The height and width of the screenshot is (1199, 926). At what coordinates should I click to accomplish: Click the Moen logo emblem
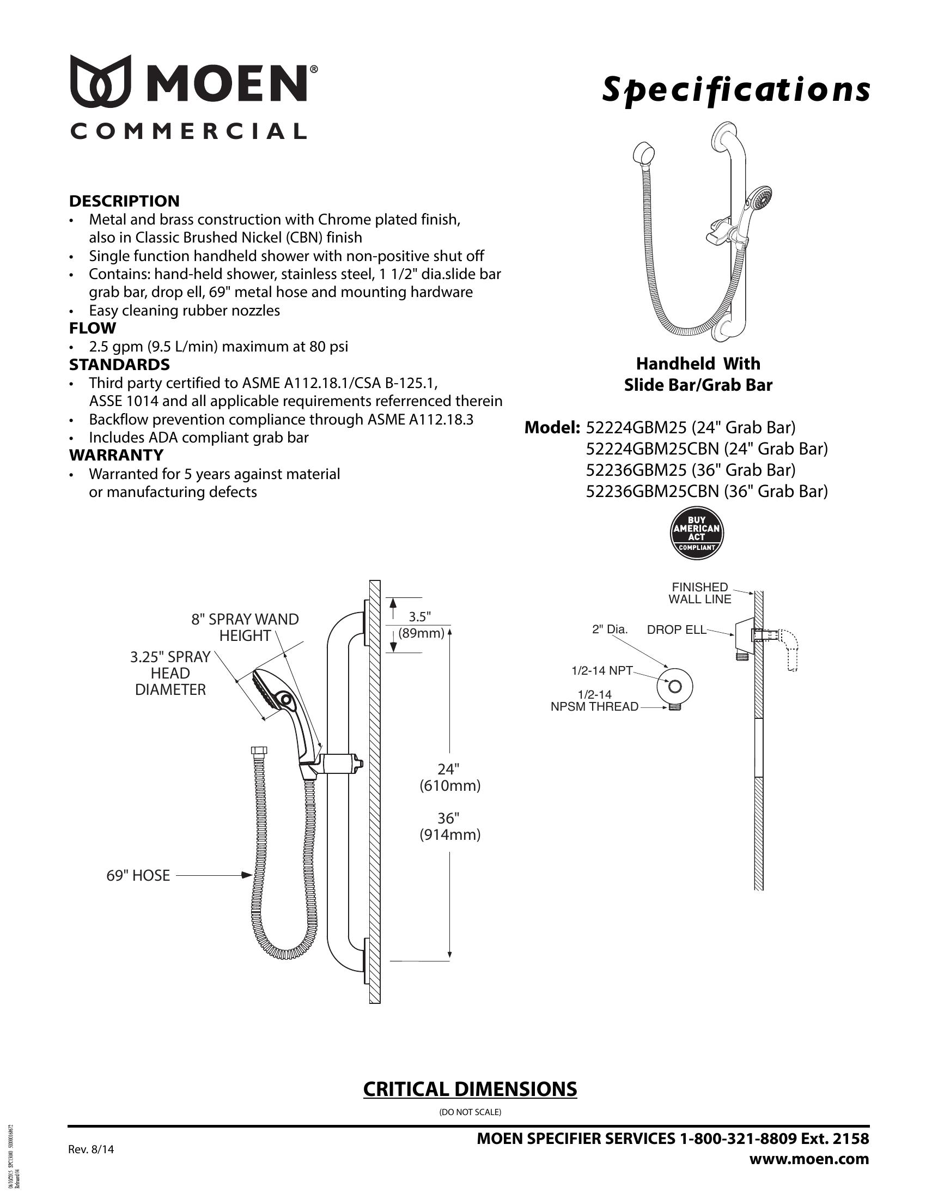click(x=100, y=81)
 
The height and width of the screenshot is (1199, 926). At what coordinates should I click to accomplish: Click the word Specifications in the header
click(x=736, y=89)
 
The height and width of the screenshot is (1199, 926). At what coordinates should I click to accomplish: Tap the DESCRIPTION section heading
click(x=124, y=201)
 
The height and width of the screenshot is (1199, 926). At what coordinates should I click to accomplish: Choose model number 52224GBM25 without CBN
click(x=636, y=427)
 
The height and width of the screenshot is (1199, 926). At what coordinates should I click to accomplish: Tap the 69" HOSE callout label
click(x=138, y=876)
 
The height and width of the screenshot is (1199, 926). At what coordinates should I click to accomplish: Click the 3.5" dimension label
click(x=420, y=616)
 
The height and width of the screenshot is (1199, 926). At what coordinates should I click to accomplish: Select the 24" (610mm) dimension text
click(x=450, y=777)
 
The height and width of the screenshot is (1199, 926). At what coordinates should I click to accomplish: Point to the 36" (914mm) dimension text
click(x=450, y=826)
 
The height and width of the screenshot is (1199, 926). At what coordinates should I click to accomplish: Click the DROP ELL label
click(x=677, y=629)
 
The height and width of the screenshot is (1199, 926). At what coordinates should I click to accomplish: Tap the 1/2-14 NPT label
click(x=602, y=670)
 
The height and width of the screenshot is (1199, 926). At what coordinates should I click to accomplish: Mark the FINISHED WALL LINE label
click(x=699, y=594)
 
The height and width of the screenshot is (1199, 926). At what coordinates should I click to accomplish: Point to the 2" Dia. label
click(x=610, y=629)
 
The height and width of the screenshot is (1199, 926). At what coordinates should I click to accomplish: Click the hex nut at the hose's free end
click(x=258, y=750)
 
